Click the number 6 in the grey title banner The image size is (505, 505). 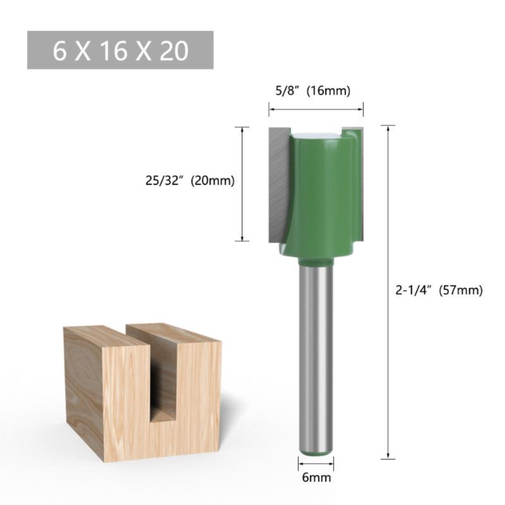(x=60, y=50)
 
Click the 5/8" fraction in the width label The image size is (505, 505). (x=287, y=91)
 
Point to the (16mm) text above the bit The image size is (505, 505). (x=329, y=91)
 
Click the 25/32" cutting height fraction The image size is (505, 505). (x=164, y=181)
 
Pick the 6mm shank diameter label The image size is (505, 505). (x=316, y=477)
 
